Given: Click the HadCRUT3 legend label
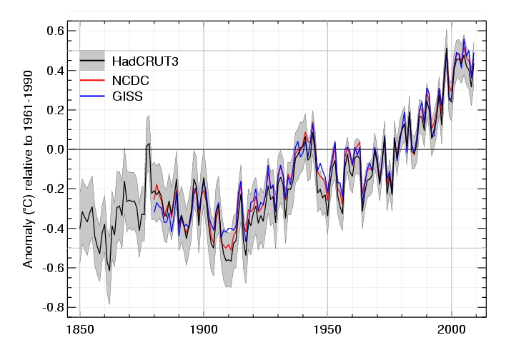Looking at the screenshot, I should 144,61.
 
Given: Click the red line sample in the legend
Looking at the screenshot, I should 92,79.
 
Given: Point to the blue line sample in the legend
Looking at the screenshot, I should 92,96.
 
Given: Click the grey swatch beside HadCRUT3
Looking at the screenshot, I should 92,59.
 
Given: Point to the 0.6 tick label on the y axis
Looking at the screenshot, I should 56,31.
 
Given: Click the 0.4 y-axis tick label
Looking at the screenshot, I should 56,71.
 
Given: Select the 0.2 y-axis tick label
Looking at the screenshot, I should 56,110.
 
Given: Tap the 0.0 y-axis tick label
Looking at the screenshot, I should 56,149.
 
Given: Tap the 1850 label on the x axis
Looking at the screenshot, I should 79,330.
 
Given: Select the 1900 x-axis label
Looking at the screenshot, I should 204,330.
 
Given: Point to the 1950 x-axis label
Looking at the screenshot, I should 327,330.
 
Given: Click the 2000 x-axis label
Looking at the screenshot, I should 452,330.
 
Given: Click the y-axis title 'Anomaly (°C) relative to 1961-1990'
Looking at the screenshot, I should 29,169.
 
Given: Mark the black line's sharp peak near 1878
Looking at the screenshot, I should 149,144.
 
